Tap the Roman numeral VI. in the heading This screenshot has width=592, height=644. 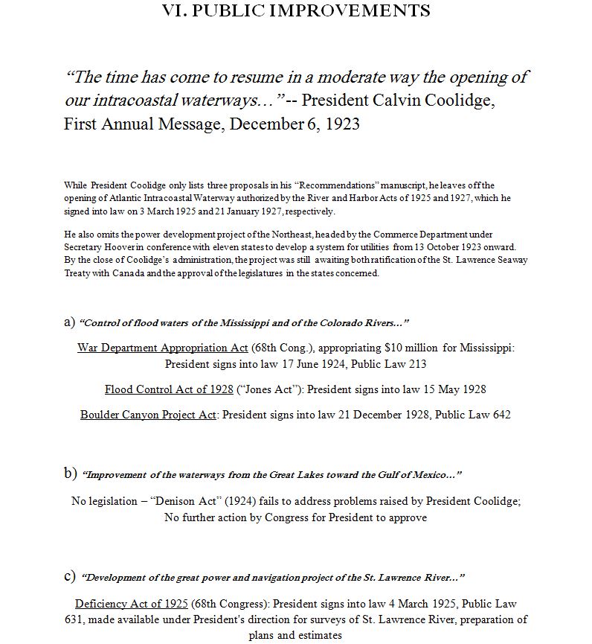(175, 10)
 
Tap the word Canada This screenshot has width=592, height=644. (128, 273)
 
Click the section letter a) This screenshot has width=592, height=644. (70, 322)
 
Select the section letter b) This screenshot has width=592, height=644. (71, 473)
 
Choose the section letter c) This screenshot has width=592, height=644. (70, 576)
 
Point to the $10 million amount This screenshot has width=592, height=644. (407, 348)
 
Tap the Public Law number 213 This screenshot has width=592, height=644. (416, 365)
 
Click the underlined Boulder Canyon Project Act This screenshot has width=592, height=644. (148, 415)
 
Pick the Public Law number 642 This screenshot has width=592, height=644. (501, 415)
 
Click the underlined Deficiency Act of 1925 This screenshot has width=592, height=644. (132, 603)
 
